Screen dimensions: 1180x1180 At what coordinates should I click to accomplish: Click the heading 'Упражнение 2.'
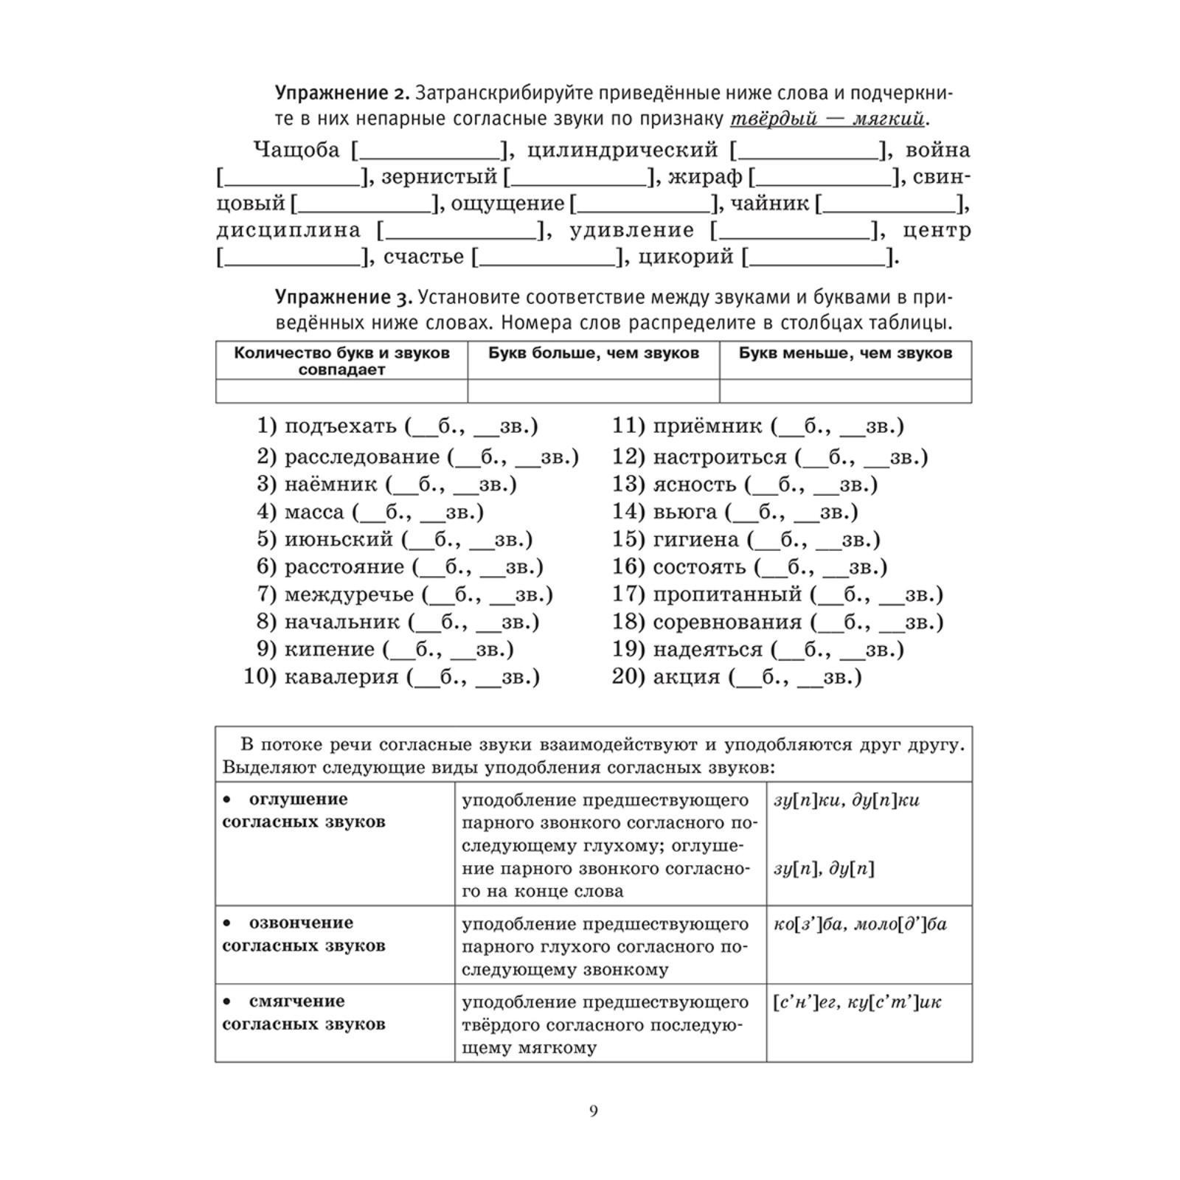coord(341,94)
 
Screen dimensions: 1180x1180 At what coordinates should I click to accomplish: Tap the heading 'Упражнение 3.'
coord(341,297)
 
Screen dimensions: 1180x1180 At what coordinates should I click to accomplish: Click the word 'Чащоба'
coord(296,150)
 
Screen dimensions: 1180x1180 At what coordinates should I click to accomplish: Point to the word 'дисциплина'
coord(288,230)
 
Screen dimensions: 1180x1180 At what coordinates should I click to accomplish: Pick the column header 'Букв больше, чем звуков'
coord(594,353)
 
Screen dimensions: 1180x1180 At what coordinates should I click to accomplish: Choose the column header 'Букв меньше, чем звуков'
coord(845,353)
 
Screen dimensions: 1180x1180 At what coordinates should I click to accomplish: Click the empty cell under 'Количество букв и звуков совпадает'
coord(341,391)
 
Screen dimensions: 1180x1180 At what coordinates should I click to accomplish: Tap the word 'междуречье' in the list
coord(350,594)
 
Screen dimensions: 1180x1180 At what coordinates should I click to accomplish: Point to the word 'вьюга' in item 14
coord(685,512)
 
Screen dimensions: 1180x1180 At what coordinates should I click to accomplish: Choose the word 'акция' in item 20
coord(687,676)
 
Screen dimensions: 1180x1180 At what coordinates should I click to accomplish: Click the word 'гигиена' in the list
coord(695,539)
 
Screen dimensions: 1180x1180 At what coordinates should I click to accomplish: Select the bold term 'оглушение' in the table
coord(298,799)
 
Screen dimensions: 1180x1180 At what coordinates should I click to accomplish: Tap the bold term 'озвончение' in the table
coord(301,923)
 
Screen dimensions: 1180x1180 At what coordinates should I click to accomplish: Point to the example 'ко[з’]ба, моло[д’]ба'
coord(860,924)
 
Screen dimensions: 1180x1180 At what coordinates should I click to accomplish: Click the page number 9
coord(594,1111)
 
